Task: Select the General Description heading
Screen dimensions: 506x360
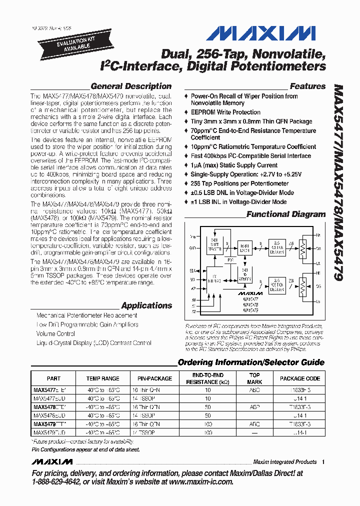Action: pyautogui.click(x=131, y=86)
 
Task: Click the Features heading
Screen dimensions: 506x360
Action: pyautogui.click(x=307, y=86)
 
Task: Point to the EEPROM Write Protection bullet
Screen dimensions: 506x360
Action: pyautogui.click(x=225, y=112)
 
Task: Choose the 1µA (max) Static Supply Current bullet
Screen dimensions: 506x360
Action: pyautogui.click(x=234, y=165)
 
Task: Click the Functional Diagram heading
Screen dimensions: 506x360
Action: pyautogui.click(x=286, y=214)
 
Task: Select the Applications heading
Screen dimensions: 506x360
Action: pyautogui.click(x=146, y=305)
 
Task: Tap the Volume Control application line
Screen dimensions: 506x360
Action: pyautogui.click(x=55, y=333)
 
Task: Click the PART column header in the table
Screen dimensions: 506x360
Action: pyautogui.click(x=53, y=378)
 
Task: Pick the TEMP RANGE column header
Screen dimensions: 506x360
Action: pyautogui.click(x=103, y=378)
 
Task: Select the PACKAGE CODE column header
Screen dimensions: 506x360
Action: pyautogui.click(x=299, y=378)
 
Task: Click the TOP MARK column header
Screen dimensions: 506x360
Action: pyautogui.click(x=254, y=378)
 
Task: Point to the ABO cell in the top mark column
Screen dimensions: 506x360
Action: pyautogui.click(x=254, y=388)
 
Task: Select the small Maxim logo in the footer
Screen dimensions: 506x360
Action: pyautogui.click(x=52, y=461)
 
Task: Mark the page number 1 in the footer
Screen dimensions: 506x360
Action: pyautogui.click(x=323, y=462)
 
